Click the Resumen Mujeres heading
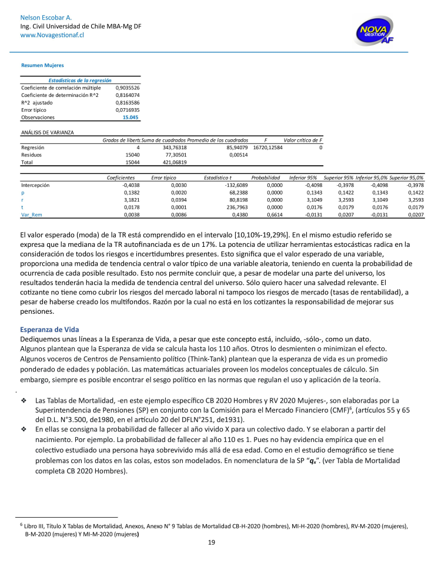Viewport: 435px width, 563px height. (42, 65)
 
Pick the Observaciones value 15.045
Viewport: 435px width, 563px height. (130, 118)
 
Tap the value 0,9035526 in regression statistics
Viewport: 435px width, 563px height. (128, 88)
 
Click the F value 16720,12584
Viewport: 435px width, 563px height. (267, 148)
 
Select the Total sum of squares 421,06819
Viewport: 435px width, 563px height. (175, 162)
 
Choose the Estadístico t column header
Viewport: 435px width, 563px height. (218, 177)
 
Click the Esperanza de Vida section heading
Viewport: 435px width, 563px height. (49, 329)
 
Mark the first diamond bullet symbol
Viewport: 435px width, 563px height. (24, 384)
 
